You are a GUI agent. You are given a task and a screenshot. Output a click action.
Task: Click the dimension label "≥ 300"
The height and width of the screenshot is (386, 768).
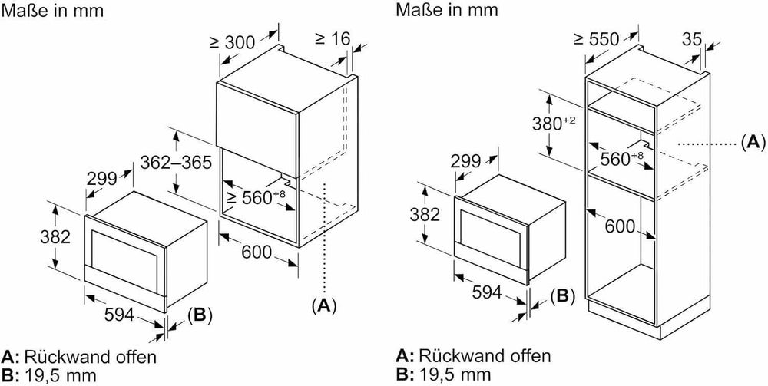[232, 42]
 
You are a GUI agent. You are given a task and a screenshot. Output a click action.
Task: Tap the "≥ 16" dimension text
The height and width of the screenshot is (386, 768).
[332, 38]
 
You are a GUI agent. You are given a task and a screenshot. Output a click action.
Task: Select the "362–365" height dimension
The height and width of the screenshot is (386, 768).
[176, 162]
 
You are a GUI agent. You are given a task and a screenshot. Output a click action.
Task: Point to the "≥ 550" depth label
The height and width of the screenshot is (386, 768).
[597, 38]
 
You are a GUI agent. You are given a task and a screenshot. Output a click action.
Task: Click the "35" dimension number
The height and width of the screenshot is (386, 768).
[691, 38]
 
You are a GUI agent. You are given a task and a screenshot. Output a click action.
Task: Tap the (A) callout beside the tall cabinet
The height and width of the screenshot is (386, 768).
[753, 143]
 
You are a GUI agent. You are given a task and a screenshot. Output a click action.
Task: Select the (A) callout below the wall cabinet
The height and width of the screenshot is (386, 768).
[324, 305]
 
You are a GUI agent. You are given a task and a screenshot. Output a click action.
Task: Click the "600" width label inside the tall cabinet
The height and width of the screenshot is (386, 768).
[620, 226]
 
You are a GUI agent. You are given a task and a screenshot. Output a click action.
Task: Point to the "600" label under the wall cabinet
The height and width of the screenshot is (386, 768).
[257, 252]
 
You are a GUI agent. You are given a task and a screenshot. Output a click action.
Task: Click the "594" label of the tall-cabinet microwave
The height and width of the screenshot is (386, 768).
[487, 292]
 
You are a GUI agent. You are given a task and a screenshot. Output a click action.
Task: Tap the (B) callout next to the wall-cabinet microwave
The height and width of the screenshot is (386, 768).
[200, 316]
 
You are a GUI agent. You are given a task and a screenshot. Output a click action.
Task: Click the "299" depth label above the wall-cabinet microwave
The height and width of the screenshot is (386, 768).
[101, 179]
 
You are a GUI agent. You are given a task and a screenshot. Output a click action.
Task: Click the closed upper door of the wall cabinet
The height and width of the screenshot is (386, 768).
[257, 130]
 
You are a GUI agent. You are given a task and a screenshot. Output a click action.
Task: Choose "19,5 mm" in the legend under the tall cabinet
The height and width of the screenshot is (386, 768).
[454, 374]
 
